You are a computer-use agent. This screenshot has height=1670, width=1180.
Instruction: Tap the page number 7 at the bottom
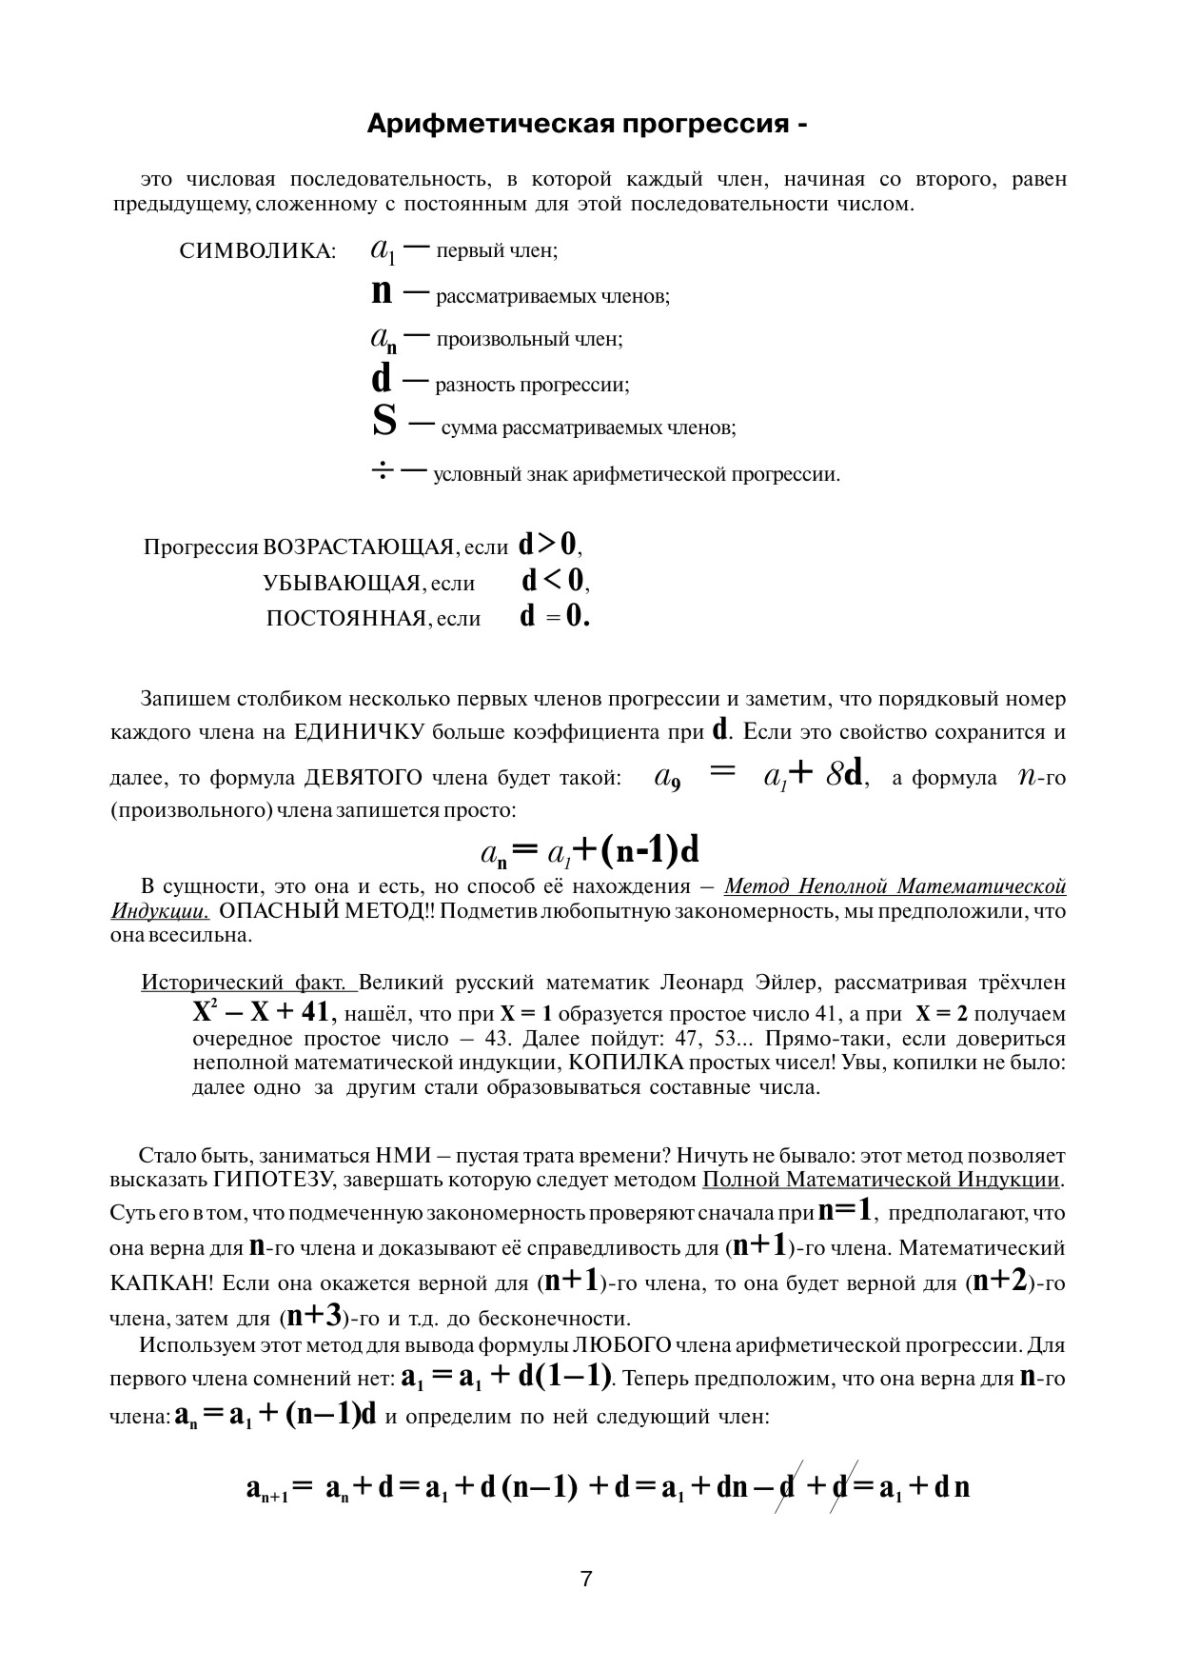tap(586, 1579)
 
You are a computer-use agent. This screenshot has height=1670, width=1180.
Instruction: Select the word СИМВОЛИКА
tap(257, 251)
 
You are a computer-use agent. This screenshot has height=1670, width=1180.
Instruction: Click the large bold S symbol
tap(384, 422)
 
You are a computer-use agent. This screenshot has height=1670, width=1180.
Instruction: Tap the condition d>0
tap(547, 545)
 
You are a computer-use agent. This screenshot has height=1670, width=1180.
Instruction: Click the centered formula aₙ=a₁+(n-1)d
tap(590, 850)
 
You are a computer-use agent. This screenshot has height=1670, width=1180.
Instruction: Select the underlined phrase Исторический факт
tap(248, 983)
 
